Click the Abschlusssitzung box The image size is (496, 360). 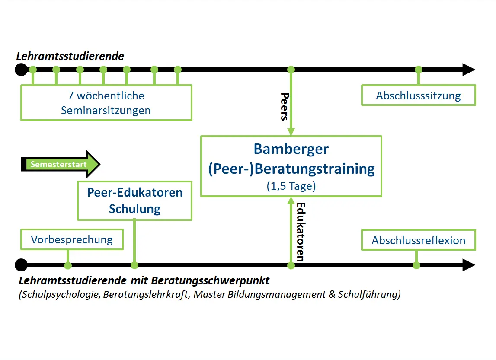(419, 95)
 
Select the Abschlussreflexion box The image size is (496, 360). (419, 240)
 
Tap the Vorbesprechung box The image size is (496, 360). (72, 239)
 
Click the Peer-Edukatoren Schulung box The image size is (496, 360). (135, 201)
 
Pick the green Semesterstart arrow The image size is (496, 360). (61, 164)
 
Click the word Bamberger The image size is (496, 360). (291, 149)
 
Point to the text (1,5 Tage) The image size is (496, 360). (291, 186)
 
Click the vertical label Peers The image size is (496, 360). (285, 106)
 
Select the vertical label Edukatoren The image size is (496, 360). (301, 232)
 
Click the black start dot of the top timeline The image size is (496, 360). (21, 70)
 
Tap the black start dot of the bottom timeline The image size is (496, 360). (21, 265)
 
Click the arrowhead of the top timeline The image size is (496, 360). (469, 70)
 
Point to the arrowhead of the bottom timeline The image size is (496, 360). (469, 265)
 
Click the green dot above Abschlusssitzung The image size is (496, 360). (419, 70)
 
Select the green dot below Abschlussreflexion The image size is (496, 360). (416, 265)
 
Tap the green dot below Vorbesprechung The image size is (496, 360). (68, 265)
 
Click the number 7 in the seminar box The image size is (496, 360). (70, 96)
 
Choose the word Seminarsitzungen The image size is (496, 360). (106, 110)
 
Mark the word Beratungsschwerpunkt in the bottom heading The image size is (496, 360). (210, 280)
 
